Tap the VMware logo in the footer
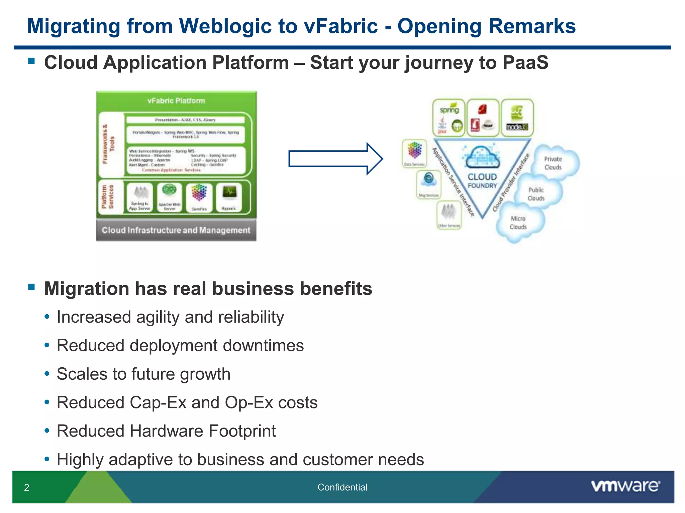click(625, 486)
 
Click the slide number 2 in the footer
click(27, 487)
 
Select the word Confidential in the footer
click(342, 487)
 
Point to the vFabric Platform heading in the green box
click(176, 101)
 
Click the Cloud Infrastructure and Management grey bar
click(176, 230)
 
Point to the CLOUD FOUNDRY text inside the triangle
click(482, 181)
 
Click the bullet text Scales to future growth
click(143, 374)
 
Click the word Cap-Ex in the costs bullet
click(158, 402)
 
